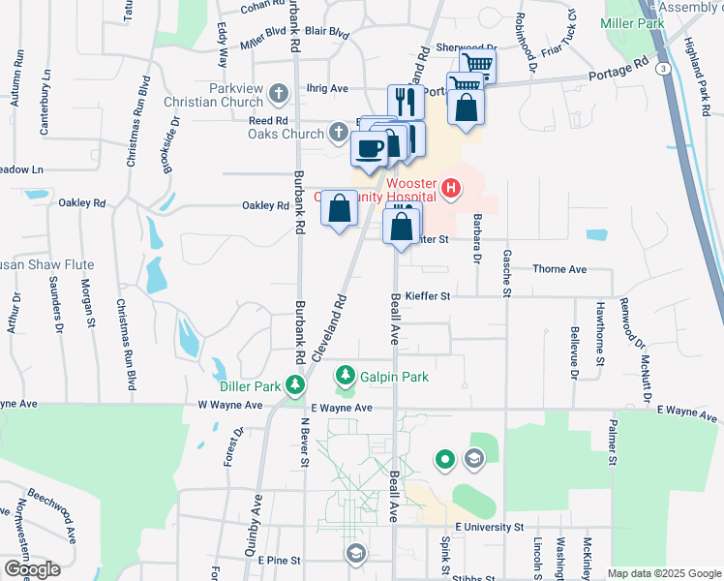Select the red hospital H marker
coord(450,187)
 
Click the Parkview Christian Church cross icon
coord(280,95)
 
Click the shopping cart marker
coord(476,66)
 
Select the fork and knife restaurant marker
coord(405,100)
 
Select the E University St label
coord(481,528)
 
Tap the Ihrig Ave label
coord(326,88)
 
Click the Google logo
coord(32,569)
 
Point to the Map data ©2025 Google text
coord(663,573)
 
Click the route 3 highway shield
coord(662,69)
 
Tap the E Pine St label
coord(282,560)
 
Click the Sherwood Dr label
coord(466,47)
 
